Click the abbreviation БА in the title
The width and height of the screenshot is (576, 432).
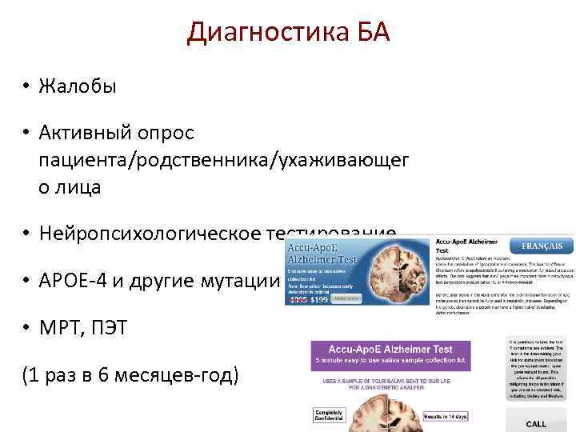370,33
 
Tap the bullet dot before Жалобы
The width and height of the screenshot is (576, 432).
26,86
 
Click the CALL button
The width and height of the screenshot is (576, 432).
537,423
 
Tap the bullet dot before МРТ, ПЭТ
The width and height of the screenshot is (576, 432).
26,330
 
